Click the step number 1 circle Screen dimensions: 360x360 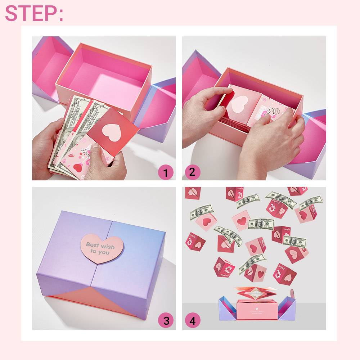(x=166, y=173)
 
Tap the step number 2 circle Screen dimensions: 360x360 (x=192, y=172)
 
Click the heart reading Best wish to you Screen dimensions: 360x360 (x=102, y=248)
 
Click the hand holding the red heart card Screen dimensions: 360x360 (x=104, y=164)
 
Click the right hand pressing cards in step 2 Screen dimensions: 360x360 (x=274, y=140)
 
